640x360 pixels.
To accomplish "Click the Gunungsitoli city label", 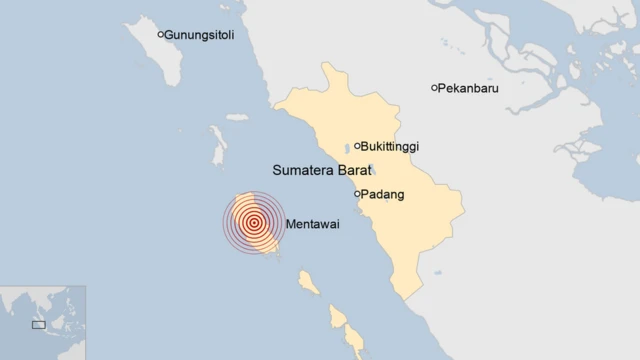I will click(201, 35).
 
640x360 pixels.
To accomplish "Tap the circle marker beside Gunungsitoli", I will click(161, 34).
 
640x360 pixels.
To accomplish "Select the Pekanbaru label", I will click(469, 89).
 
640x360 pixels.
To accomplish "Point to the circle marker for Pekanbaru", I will click(434, 88).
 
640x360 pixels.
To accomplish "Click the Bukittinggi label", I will click(391, 147).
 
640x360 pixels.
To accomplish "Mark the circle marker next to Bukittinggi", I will click(357, 146).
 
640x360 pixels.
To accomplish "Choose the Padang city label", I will click(384, 195).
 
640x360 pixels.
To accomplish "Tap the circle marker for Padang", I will click(357, 194).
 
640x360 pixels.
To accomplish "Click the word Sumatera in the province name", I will click(302, 171).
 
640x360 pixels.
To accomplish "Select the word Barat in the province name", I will click(353, 171).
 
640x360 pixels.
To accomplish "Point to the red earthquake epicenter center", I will click(254, 223).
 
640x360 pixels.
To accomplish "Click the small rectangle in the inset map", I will click(39, 324).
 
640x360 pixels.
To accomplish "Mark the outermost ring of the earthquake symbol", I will click(224, 223).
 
